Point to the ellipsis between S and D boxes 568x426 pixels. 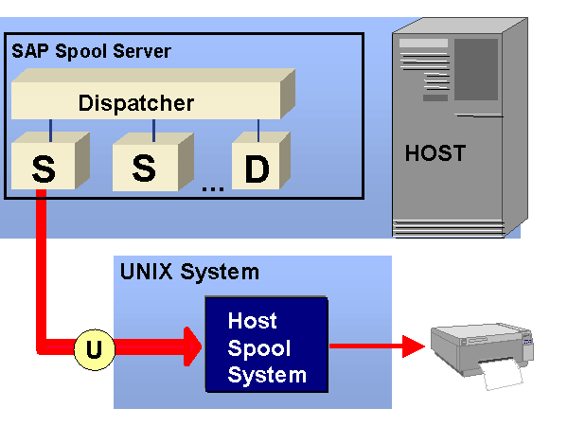(x=212, y=187)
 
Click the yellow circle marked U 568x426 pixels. (x=94, y=349)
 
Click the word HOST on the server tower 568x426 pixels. (x=435, y=152)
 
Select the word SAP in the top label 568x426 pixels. (x=28, y=51)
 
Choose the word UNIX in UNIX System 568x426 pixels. (x=148, y=273)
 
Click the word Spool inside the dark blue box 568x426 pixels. (x=259, y=347)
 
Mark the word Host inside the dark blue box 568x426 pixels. (x=253, y=322)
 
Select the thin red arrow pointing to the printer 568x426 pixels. (x=374, y=347)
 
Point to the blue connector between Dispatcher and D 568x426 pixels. (x=257, y=127)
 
